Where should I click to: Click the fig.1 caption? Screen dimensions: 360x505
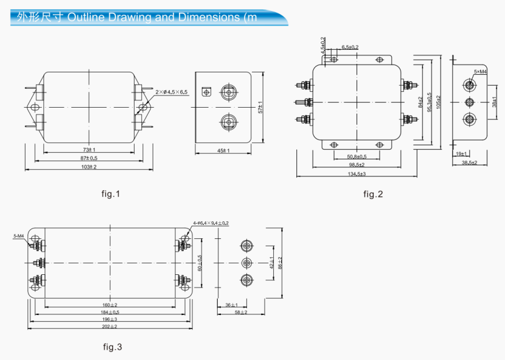pos(111,194)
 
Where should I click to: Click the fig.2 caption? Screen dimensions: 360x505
pos(373,194)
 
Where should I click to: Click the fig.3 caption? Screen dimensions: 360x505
pos(112,347)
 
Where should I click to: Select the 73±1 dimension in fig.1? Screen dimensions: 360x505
pos(89,150)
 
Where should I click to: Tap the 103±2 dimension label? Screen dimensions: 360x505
pos(89,167)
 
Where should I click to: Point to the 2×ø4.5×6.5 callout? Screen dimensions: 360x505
pos(172,92)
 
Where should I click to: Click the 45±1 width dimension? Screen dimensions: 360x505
pos(223,151)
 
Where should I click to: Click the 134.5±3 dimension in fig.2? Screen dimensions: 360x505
pos(357,174)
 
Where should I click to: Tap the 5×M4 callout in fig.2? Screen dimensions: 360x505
pos(480,72)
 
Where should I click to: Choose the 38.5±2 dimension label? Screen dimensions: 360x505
pos(468,163)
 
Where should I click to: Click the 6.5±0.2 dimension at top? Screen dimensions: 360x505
pos(350,47)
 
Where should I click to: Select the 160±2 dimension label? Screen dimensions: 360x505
pos(110,305)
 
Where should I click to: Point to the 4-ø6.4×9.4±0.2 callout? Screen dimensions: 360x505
pos(211,223)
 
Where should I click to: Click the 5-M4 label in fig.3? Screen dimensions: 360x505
pos(18,235)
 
